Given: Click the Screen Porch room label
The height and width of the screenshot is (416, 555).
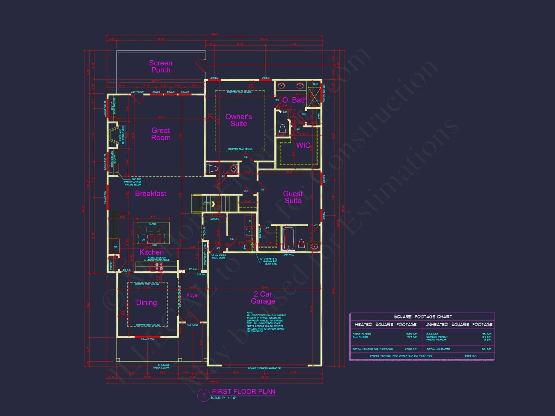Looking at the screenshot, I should [x=160, y=67].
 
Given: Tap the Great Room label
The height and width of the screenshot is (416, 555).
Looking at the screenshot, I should [x=161, y=134].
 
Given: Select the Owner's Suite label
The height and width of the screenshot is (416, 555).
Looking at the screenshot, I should [x=238, y=120].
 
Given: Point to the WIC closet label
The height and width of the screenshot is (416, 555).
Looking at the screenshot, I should [x=303, y=145].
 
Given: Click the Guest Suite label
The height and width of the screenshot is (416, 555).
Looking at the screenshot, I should [x=293, y=197].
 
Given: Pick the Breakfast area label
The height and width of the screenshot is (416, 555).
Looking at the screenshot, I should [x=150, y=194].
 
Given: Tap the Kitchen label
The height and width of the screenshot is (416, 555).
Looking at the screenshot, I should [x=152, y=252].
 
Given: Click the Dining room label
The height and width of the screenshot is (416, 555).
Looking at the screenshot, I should [x=147, y=303].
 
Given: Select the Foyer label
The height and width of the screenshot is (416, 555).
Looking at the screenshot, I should [x=193, y=296].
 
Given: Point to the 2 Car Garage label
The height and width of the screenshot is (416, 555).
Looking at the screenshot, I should [x=263, y=298].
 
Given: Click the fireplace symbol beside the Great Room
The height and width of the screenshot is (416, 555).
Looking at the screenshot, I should [x=113, y=135].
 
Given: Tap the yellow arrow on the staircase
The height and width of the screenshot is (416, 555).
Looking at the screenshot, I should [x=213, y=204].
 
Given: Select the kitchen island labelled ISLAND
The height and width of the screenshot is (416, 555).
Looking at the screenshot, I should [x=153, y=233].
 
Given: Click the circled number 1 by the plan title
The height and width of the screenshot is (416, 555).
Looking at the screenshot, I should [x=203, y=395].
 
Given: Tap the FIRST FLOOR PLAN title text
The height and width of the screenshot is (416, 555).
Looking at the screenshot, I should [x=244, y=392].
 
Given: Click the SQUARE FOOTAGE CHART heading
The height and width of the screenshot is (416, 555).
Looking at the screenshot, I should [x=423, y=317].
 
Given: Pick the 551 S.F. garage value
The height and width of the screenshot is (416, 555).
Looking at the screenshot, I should [x=486, y=334].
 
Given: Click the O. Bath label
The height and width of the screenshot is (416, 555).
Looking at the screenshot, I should [x=294, y=100].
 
